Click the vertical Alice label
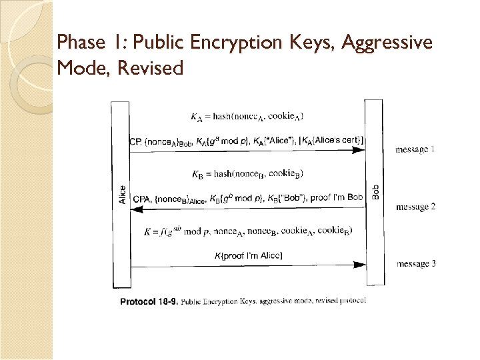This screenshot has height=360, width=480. (122, 195)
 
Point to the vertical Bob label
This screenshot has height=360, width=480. (375, 191)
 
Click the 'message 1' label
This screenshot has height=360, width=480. (415, 149)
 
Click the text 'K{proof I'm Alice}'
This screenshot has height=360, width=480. (248, 255)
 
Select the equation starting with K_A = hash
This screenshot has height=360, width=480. (247, 117)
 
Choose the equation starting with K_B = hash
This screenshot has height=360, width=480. (247, 174)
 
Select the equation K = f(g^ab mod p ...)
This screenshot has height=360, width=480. (248, 231)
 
